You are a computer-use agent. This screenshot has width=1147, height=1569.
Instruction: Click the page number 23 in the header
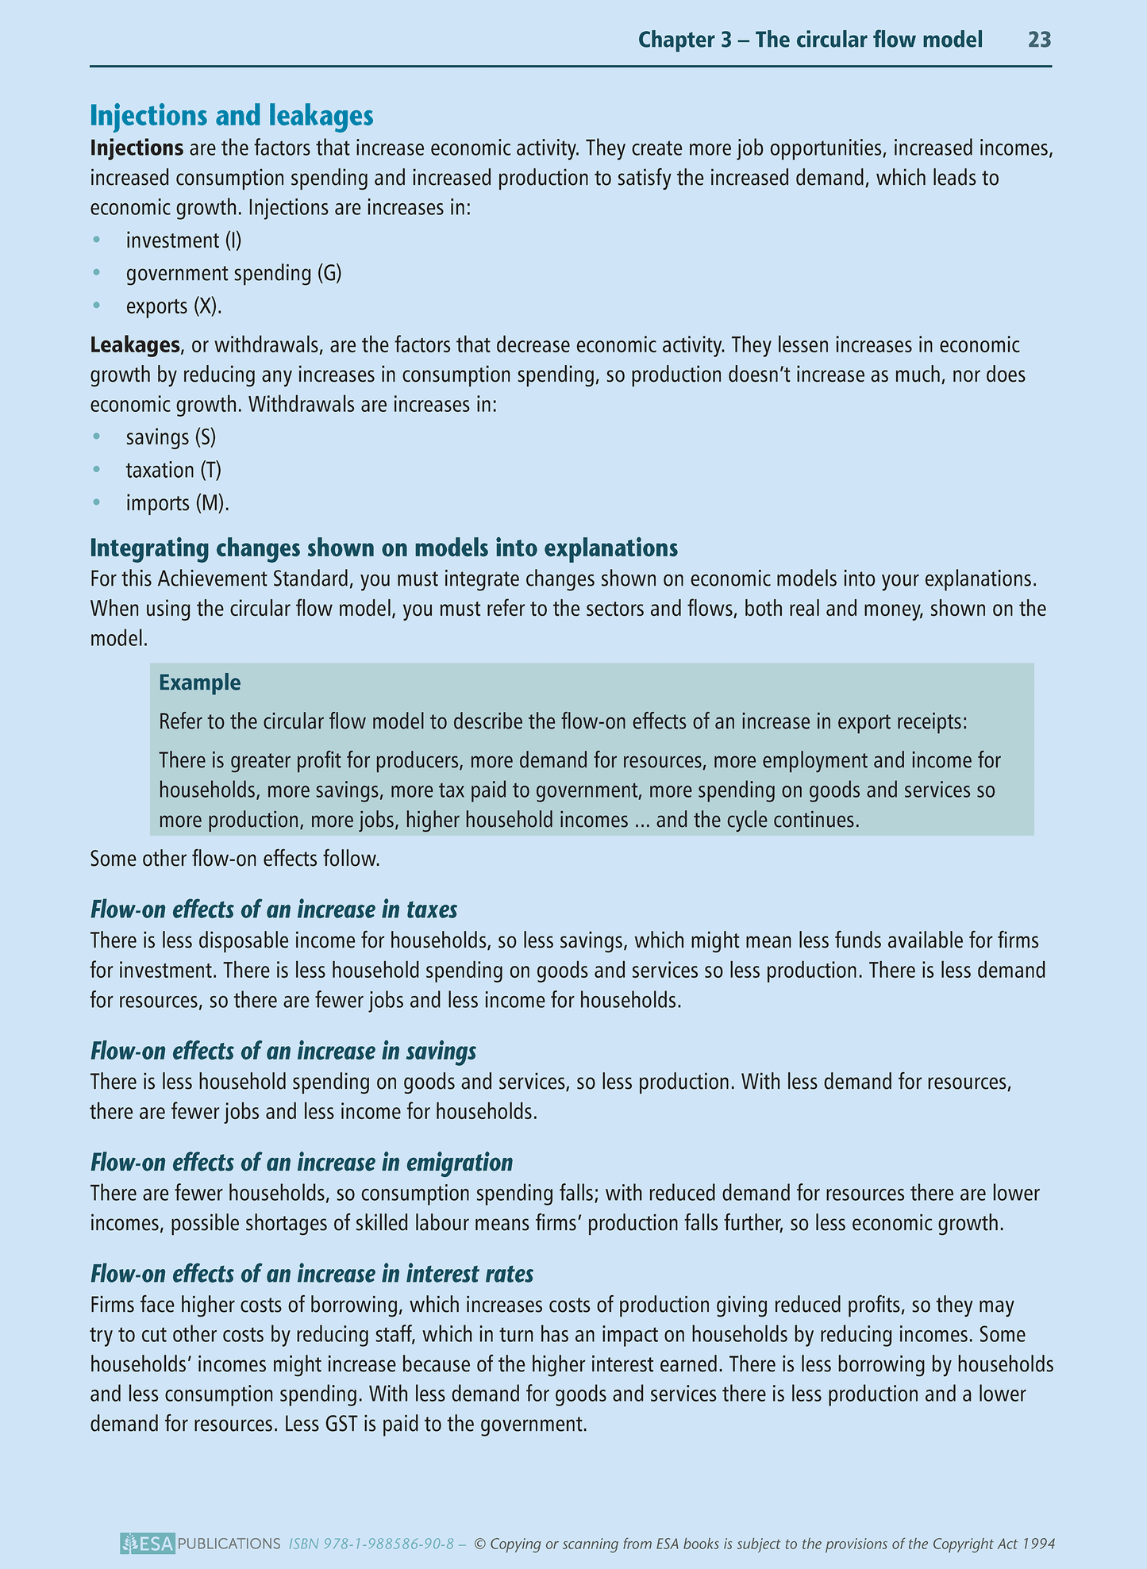pos(1039,40)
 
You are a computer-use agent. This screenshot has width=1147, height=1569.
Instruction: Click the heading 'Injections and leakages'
pos(231,116)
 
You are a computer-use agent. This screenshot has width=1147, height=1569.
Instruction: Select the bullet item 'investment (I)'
pos(183,240)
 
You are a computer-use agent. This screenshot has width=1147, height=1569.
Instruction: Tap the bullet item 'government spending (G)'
pos(233,273)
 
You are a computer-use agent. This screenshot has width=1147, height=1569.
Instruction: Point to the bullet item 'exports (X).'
pos(174,306)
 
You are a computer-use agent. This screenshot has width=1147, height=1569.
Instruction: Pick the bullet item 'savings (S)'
pos(171,437)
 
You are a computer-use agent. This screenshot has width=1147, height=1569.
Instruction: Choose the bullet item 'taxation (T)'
pos(173,470)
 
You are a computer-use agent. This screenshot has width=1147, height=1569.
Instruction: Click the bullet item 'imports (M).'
pos(177,503)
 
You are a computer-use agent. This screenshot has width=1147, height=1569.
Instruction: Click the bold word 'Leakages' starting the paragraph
pos(135,345)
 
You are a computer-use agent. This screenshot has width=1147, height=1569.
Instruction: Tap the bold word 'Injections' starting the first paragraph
pos(137,148)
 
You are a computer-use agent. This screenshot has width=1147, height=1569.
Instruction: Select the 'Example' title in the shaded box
pos(199,683)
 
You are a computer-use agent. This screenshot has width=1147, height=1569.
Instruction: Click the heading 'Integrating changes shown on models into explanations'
pos(383,548)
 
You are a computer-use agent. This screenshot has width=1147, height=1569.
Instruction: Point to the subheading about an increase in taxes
pos(273,909)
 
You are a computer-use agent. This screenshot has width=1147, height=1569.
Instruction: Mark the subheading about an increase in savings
pos(283,1052)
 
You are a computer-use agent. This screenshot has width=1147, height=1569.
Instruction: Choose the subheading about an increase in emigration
pos(301,1163)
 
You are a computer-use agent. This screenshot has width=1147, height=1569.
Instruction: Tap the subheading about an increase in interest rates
pos(311,1274)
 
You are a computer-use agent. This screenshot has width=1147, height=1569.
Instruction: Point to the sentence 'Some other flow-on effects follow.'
pos(235,859)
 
